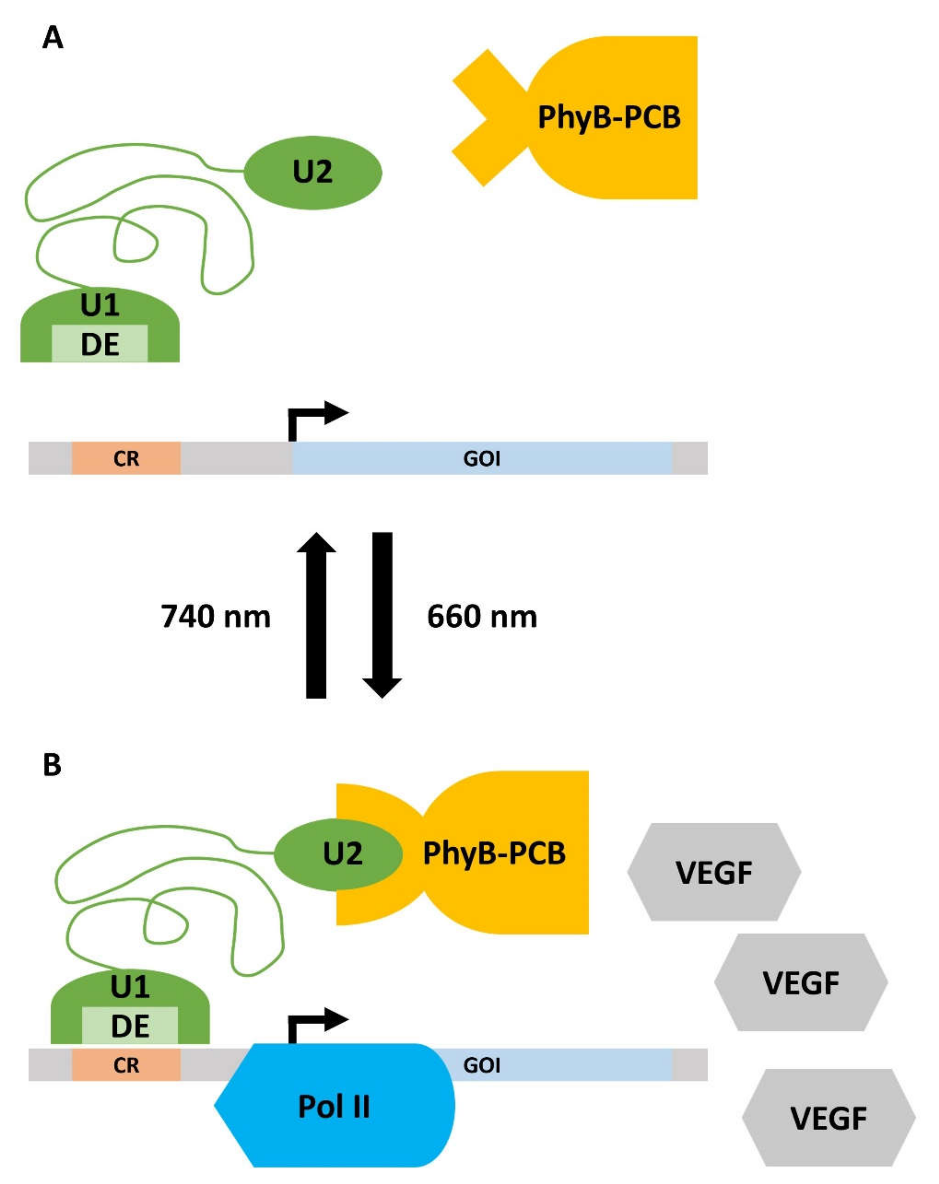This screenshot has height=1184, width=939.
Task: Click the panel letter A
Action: [x=53, y=38]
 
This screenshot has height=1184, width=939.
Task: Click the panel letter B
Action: [x=52, y=764]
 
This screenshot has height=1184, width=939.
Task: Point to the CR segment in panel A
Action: [x=126, y=458]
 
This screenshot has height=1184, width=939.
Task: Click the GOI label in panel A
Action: [x=481, y=458]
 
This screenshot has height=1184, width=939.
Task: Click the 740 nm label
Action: [x=216, y=616]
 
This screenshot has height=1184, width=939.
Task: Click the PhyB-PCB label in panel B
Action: [x=494, y=853]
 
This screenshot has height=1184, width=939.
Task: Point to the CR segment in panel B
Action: [x=126, y=1065]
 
